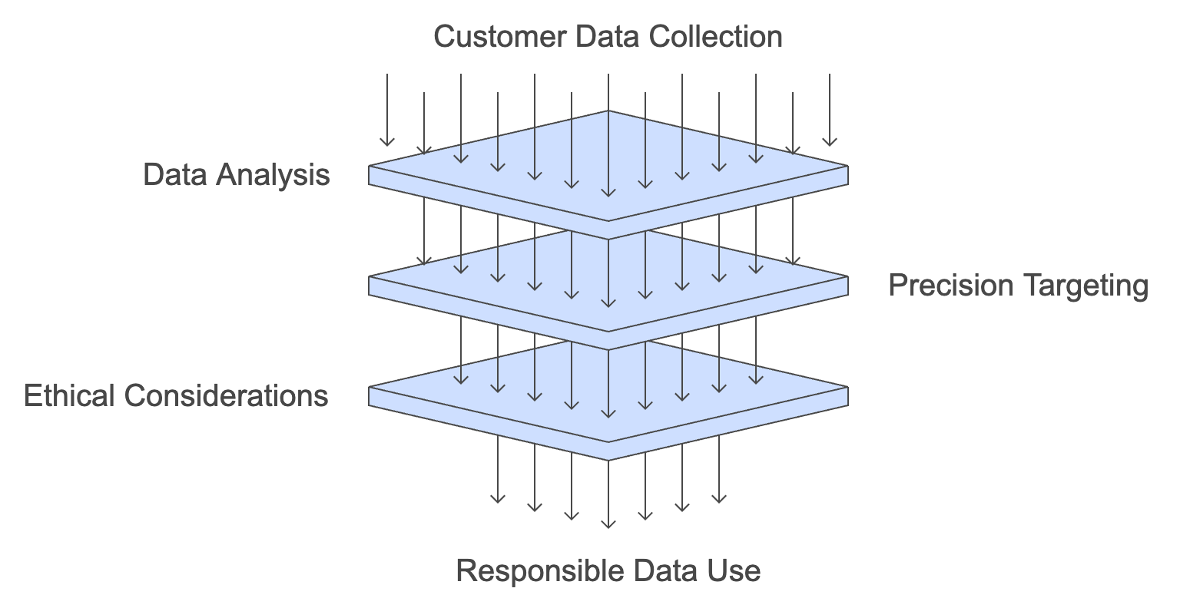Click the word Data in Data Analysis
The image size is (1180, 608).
(x=175, y=175)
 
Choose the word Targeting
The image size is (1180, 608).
(x=1083, y=286)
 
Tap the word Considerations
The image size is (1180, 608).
(x=226, y=396)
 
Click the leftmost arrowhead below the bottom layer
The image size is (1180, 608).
(x=498, y=499)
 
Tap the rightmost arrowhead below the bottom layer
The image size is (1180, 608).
(x=719, y=499)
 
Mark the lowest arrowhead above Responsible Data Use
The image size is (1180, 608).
(x=608, y=524)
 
